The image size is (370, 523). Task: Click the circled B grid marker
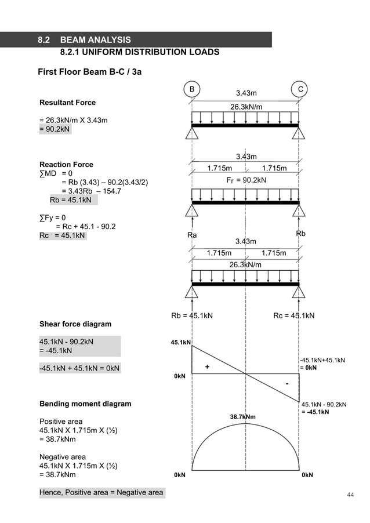pos(192,89)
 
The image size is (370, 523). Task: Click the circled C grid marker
pos(299,89)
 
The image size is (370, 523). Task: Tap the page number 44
pos(350,494)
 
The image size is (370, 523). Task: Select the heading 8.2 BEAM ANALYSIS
pos(84,40)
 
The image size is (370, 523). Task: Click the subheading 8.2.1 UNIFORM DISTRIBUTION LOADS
pos(140,52)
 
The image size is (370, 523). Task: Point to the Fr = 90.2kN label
pos(246,180)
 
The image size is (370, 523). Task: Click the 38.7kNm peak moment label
pos(243,416)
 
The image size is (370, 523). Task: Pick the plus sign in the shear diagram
pos(207,367)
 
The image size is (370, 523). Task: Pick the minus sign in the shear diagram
pos(286,384)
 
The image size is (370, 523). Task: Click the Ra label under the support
pos(192,235)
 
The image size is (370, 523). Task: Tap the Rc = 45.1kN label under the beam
pos(293,315)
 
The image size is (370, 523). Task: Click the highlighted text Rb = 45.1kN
pos(74,201)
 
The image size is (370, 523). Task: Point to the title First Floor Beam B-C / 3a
pos(89,72)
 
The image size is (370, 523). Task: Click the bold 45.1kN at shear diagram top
pos(180,343)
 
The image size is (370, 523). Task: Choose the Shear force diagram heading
pos(75,324)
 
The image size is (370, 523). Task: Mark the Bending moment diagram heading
pos(85,404)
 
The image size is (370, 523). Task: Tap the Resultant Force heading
pos(67,103)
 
